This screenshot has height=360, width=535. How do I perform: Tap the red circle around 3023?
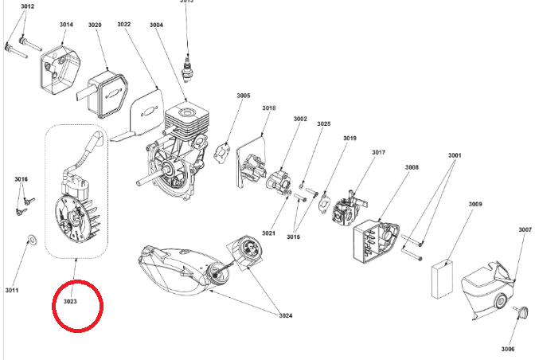pyautogui.click(x=77, y=304)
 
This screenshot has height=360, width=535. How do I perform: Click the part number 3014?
pyautogui.click(x=65, y=25)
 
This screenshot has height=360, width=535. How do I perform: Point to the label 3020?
pyautogui.click(x=95, y=25)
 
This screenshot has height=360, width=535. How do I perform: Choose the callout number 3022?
pyautogui.click(x=124, y=25)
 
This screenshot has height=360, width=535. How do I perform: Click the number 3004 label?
pyautogui.click(x=156, y=25)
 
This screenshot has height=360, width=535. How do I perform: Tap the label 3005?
pyautogui.click(x=243, y=96)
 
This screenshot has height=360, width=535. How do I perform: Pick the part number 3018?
pyautogui.click(x=269, y=108)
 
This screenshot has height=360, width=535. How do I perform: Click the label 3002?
pyautogui.click(x=299, y=119)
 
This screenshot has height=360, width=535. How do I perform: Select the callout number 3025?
pyautogui.click(x=323, y=124)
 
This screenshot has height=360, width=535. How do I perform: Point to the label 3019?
pyautogui.click(x=350, y=138)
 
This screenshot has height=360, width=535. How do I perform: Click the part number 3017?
pyautogui.click(x=379, y=152)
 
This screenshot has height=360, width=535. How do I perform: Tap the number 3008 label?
pyautogui.click(x=412, y=167)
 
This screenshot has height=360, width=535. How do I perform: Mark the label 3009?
pyautogui.click(x=475, y=205)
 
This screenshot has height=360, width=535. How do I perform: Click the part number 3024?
pyautogui.click(x=285, y=315)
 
